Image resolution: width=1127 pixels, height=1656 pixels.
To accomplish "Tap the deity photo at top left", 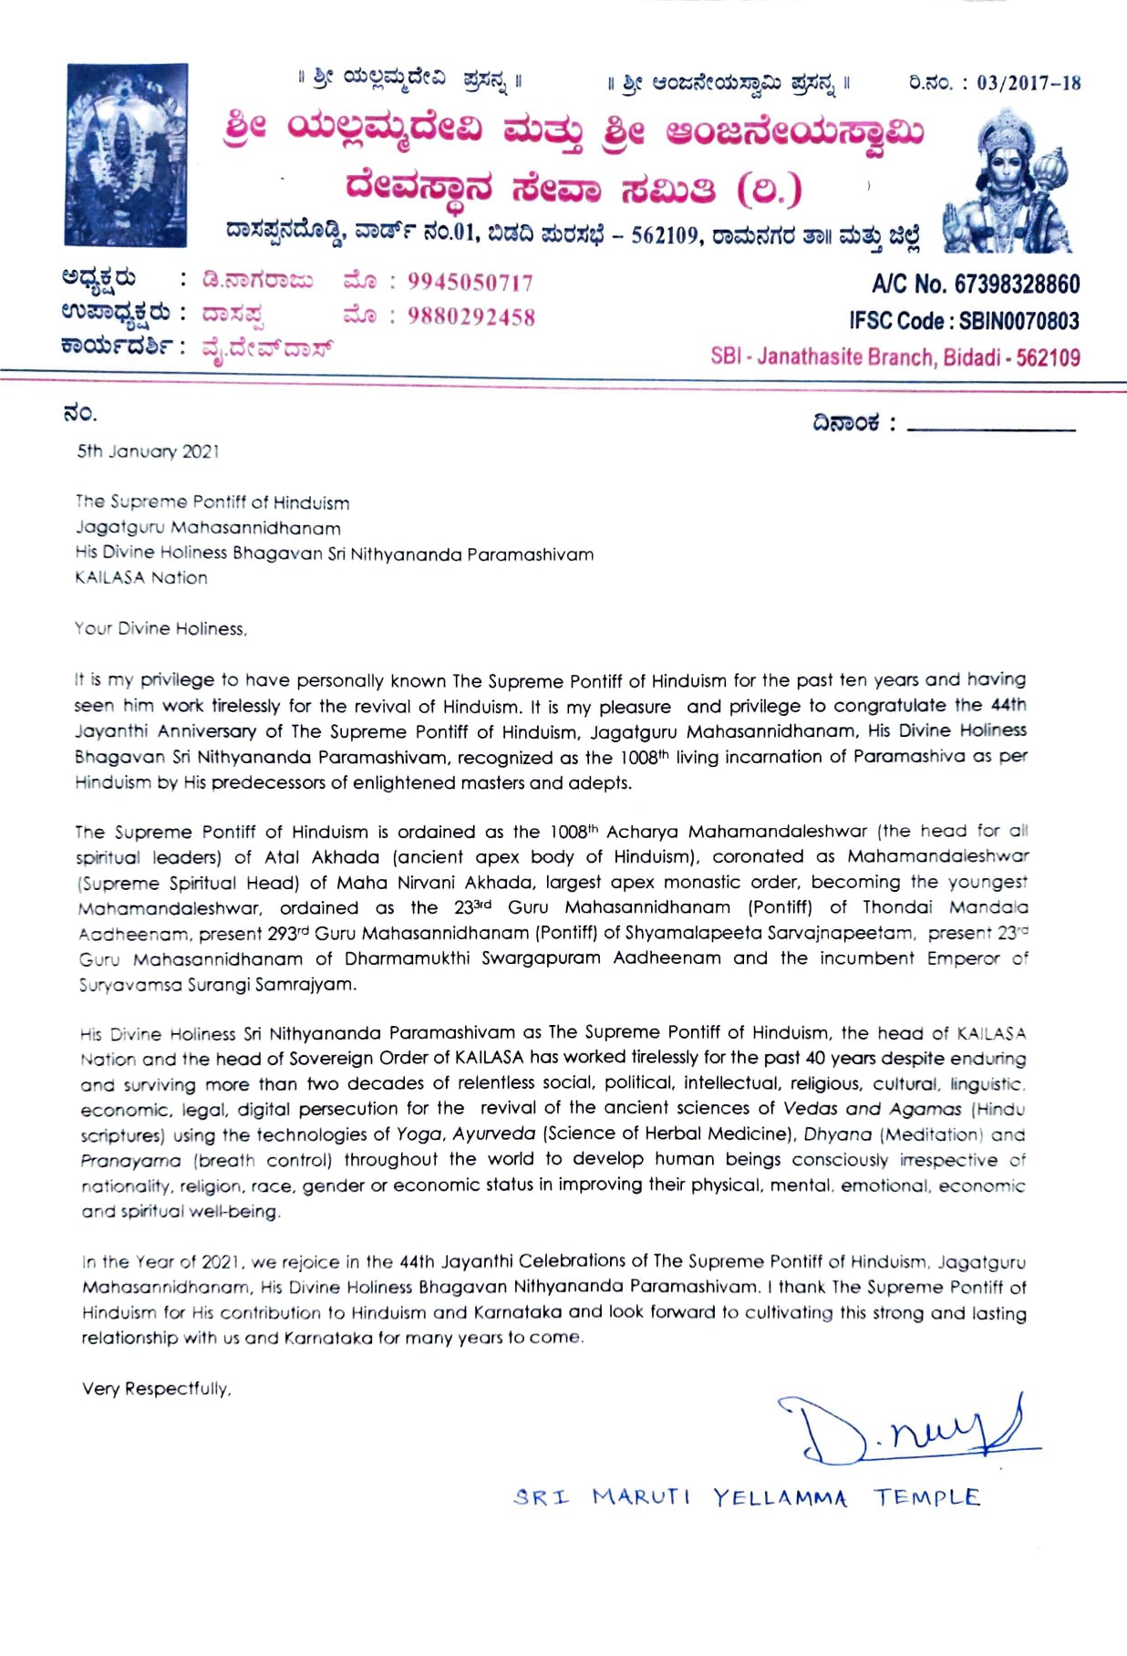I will point(126,155).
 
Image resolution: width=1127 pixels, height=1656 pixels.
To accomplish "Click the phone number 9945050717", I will point(470,283).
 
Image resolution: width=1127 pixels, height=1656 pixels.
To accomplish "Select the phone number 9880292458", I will point(470,317).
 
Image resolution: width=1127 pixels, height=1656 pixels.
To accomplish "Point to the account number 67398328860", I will point(1017,285).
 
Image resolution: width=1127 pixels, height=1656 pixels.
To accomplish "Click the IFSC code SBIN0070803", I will point(1018,321).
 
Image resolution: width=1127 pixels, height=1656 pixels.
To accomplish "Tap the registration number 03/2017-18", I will point(1029,84).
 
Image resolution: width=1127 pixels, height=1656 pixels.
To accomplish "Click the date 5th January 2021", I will point(148,451).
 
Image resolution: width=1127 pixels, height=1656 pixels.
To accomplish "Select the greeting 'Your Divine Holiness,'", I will point(160,629).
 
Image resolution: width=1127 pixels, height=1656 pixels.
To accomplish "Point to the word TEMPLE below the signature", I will point(927,1497).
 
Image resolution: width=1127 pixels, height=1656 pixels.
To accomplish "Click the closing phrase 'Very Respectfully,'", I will point(156,1389).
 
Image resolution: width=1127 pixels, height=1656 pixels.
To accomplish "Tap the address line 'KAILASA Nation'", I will point(141,578).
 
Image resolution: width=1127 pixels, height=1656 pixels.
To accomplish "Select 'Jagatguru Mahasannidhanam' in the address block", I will point(208,528).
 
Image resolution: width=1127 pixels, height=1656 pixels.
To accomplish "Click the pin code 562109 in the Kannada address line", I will point(667,235).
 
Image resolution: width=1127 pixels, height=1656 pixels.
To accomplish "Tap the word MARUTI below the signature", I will point(641,1497).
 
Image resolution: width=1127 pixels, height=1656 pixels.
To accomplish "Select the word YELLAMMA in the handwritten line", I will point(780,1497).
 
